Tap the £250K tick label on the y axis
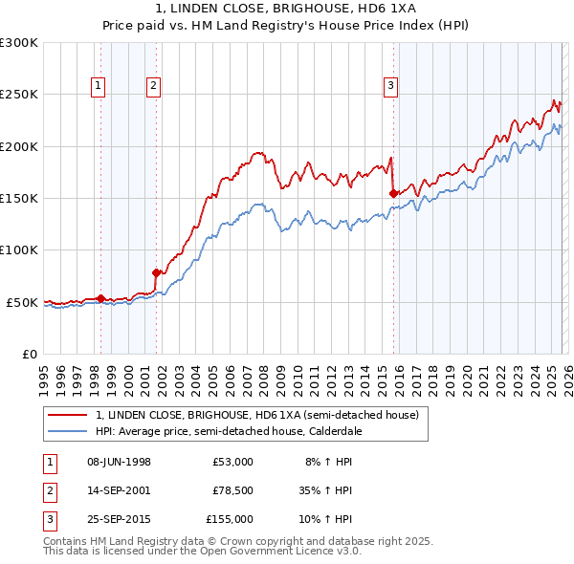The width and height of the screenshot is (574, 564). coord(19,95)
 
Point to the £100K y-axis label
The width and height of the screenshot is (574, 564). coord(19,249)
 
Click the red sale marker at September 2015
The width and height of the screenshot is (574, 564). coord(393,193)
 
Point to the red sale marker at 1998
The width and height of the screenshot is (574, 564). coord(101,299)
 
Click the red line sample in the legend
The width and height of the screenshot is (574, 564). coord(67,416)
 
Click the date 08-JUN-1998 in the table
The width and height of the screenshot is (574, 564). coord(119,462)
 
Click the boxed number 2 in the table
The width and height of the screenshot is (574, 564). coord(49,490)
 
